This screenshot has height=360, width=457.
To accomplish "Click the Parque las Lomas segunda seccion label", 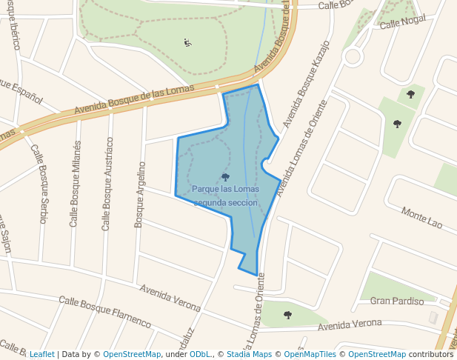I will pyautogui.click(x=225, y=196).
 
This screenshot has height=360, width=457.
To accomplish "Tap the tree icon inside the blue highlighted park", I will pyautogui.click(x=225, y=177).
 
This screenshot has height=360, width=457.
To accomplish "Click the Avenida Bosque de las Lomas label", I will pyautogui.click(x=134, y=99).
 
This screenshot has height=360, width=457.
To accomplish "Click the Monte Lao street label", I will pyautogui.click(x=421, y=218).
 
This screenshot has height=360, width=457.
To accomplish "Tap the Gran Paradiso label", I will pyautogui.click(x=397, y=301).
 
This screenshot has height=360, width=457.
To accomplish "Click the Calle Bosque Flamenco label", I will pyautogui.click(x=104, y=312).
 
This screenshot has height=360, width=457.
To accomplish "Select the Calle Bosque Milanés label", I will pyautogui.click(x=75, y=183).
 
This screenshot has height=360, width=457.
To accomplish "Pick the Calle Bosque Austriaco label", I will pyautogui.click(x=107, y=183).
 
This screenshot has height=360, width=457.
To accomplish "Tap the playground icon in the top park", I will pyautogui.click(x=187, y=42).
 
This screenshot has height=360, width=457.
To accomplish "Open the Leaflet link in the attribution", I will pyautogui.click(x=41, y=355).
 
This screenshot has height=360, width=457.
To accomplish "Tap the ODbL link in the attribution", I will pyautogui.click(x=199, y=355).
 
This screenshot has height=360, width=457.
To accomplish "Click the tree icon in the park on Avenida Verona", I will pyautogui.click(x=287, y=315).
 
